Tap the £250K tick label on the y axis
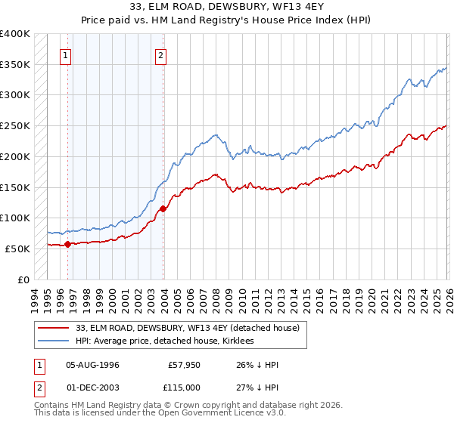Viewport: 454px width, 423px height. tap(15, 126)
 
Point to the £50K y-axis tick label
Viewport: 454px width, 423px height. tap(17, 249)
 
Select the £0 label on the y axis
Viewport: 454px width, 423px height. tap(24, 279)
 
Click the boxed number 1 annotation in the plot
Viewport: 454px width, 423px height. tap(67, 54)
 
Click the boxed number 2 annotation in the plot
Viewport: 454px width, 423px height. tap(161, 54)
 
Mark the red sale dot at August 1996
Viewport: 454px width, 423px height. tap(67, 244)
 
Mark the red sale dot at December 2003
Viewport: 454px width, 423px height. tap(163, 209)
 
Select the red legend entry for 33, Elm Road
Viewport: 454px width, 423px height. tap(188, 328)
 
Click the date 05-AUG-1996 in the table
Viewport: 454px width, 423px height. tap(93, 365)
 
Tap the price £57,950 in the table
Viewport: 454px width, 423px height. tap(184, 365)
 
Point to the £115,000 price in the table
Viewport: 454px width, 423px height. tap(184, 386)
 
